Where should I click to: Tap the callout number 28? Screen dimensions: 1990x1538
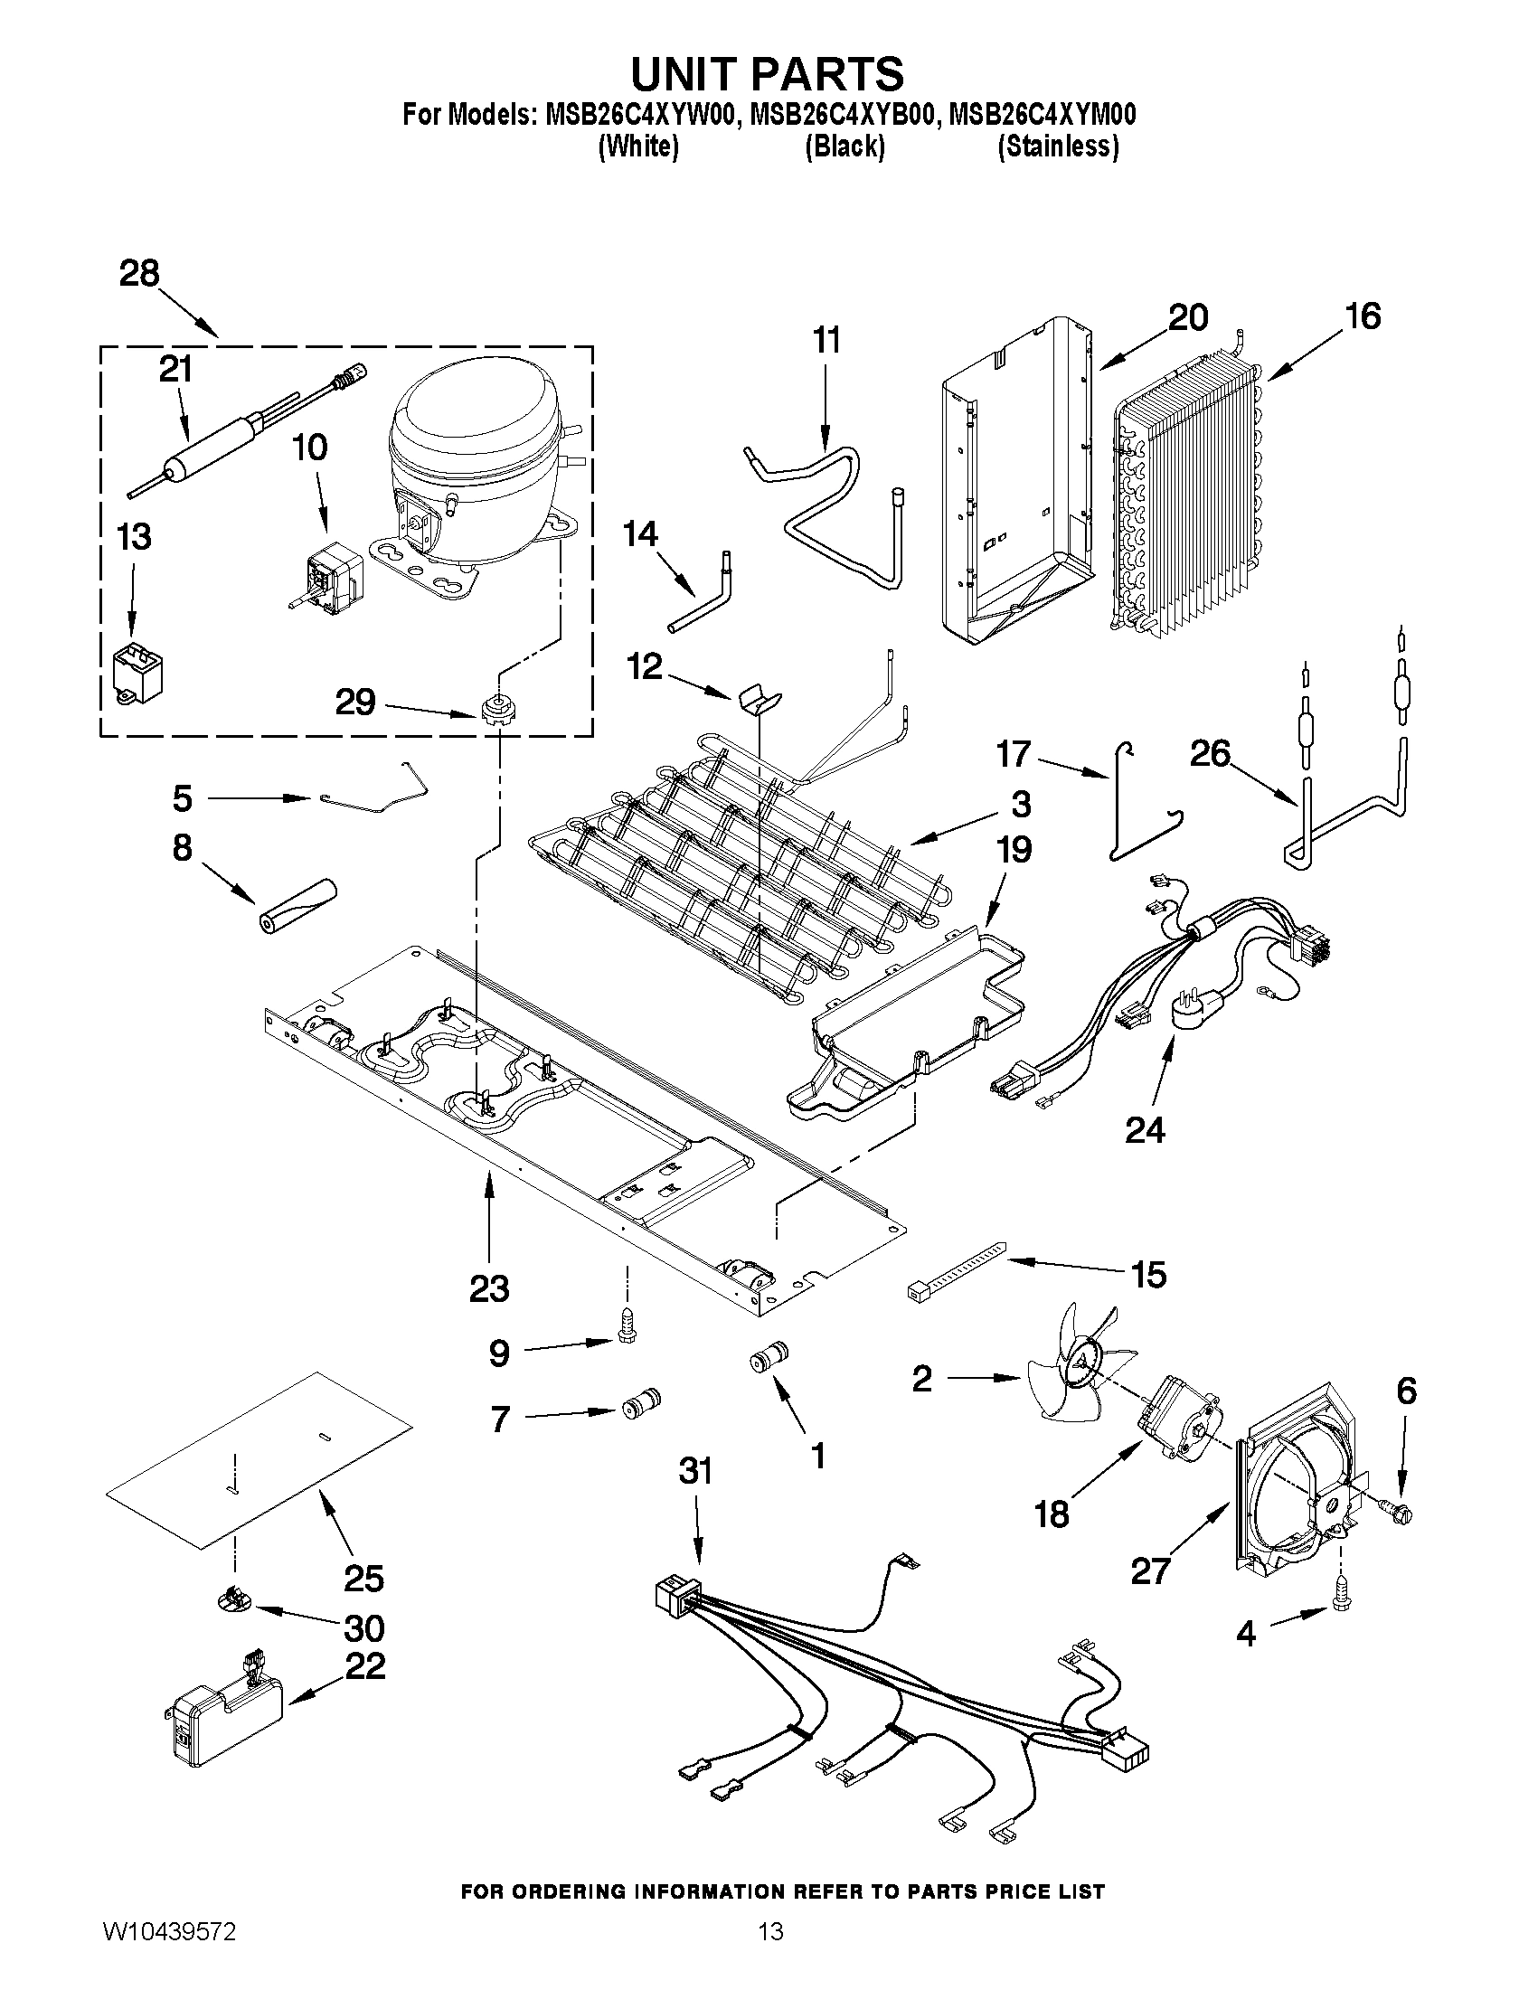[x=139, y=273]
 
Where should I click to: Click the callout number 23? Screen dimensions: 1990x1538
[x=489, y=1288]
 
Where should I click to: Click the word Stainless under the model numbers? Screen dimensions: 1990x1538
[x=1058, y=146]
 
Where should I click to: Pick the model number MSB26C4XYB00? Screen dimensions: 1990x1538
[x=844, y=116]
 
